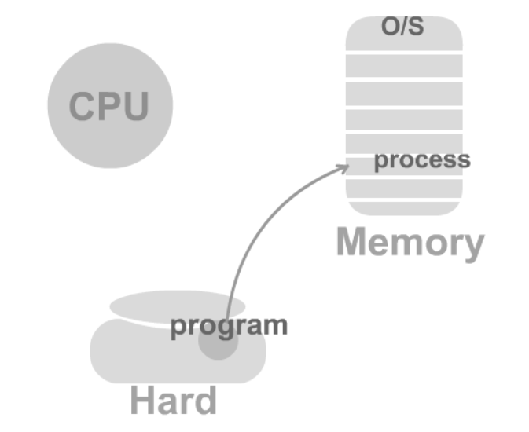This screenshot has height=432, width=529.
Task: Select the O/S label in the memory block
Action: [x=402, y=27]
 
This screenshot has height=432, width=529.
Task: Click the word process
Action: [x=421, y=160]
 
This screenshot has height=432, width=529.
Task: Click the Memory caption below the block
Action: [x=410, y=243]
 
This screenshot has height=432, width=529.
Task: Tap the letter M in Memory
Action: [x=353, y=242]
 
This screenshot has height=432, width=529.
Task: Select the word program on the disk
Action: [x=229, y=325]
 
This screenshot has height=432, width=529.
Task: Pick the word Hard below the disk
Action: [x=173, y=401]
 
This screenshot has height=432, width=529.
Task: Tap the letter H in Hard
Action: [x=143, y=401]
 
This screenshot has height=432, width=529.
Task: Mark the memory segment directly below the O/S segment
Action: [x=404, y=66]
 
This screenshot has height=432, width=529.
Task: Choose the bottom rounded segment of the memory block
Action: [x=404, y=208]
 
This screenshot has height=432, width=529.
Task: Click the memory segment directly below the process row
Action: [x=404, y=187]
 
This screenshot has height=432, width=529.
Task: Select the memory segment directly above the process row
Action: [x=404, y=144]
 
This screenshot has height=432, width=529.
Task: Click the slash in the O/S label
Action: [x=403, y=27]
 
